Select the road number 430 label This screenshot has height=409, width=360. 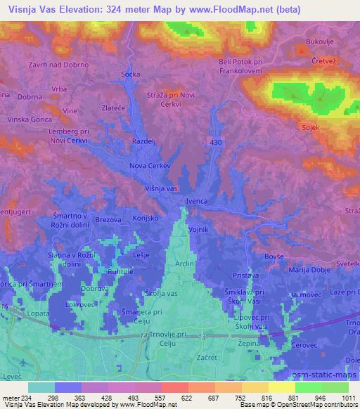click(x=217, y=142)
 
